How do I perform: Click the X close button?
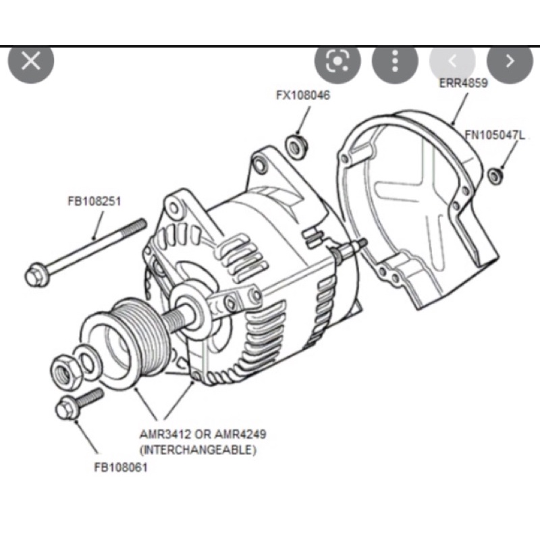pos(31,61)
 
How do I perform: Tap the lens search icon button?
pos(336,61)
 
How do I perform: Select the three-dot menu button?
pos(395,61)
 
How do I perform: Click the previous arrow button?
pos(452,61)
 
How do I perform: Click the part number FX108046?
pos(303,95)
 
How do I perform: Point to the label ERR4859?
pos(462,83)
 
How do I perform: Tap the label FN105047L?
pos(495,135)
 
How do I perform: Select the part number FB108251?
pos(94,200)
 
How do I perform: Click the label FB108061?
pos(121,466)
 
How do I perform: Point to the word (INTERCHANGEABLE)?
pos(198,448)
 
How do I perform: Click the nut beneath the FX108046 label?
pos(294,144)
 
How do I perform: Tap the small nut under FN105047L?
pos(495,175)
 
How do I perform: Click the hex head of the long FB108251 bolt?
pos(36,274)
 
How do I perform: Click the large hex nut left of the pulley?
pos(65,369)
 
